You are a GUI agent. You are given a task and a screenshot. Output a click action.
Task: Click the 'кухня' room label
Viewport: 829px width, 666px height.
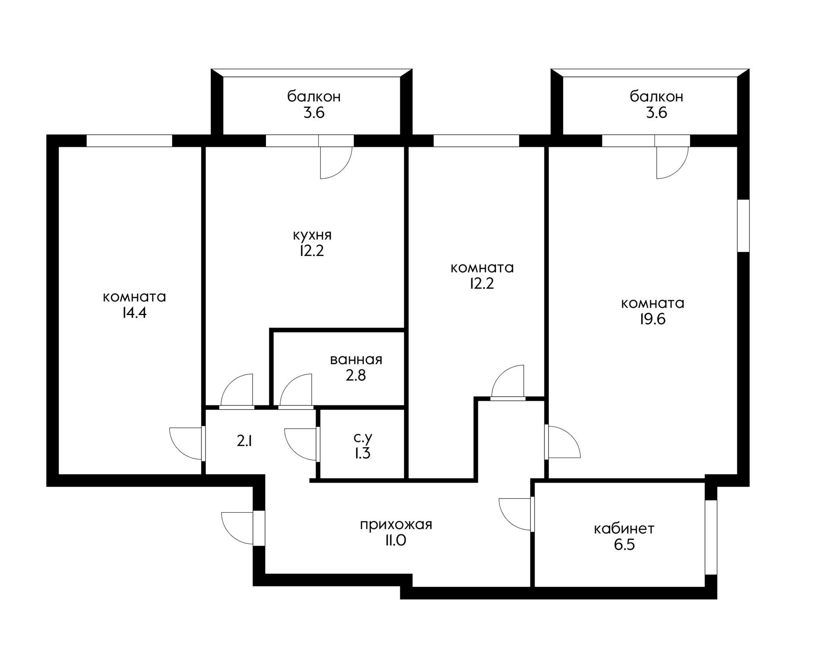(x=312, y=236)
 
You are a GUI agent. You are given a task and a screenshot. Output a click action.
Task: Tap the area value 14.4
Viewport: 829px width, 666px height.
(x=134, y=313)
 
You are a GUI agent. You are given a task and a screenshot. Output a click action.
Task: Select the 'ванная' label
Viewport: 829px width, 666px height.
(x=356, y=360)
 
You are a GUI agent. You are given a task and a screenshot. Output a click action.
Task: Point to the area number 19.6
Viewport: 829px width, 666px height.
(x=652, y=319)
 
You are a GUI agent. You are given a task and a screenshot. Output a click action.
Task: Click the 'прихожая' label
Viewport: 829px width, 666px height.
(x=396, y=525)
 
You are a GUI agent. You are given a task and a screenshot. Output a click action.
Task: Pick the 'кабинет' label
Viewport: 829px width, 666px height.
(x=624, y=529)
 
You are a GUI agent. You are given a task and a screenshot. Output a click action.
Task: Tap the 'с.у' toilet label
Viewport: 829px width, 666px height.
(x=363, y=438)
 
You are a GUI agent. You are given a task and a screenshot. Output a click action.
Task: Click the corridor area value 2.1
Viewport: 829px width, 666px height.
(x=244, y=441)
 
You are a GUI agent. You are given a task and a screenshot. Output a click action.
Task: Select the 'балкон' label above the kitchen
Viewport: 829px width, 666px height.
(x=314, y=96)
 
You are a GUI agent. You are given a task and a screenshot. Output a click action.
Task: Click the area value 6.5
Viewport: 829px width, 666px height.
(x=624, y=545)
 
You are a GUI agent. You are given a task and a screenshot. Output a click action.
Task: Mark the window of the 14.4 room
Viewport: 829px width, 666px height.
(x=130, y=141)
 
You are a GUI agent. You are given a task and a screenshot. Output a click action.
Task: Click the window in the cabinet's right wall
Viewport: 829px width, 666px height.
(x=711, y=537)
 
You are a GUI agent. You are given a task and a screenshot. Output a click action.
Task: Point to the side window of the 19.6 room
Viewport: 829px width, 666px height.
(x=743, y=225)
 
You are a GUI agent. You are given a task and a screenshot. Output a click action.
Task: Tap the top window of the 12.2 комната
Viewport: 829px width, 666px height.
(x=476, y=141)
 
